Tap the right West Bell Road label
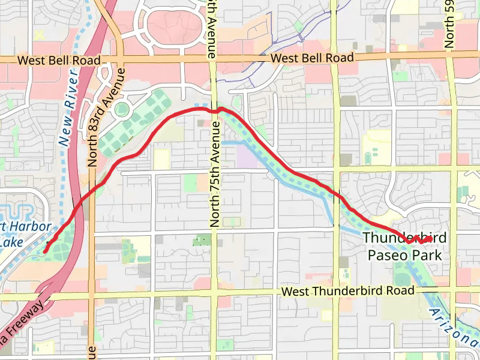coord(312,58)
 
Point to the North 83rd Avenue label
coord(106,117)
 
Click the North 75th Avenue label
coord(215,174)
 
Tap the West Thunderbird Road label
coord(348,291)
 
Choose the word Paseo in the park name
coord(387,256)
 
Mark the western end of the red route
coord(45,252)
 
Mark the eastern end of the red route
coord(431,239)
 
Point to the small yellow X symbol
coord(40,35)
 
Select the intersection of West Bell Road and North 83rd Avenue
coord(122,59)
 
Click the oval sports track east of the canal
coord(367,157)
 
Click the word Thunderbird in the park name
coord(404,238)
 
